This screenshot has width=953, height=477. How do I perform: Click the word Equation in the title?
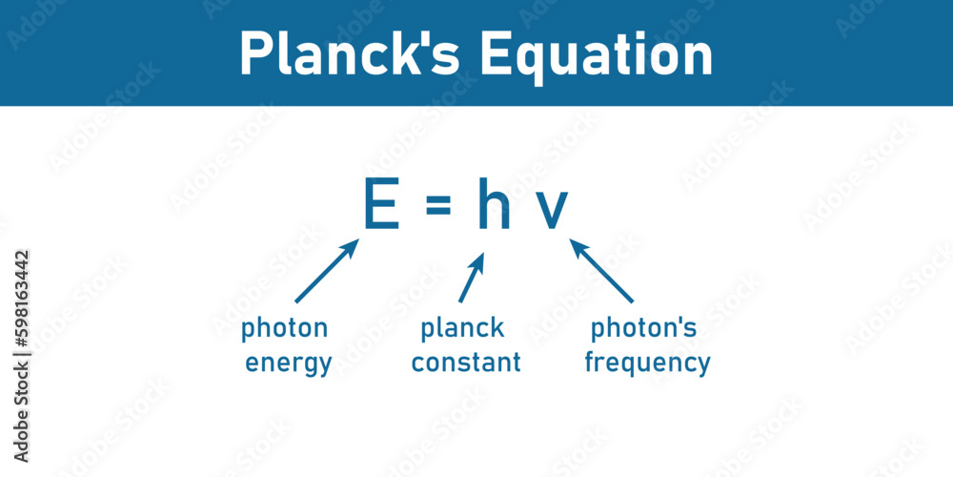point(596,55)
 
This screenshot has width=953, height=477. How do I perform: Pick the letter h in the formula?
point(494,205)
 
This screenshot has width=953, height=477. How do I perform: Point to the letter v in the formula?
point(551,211)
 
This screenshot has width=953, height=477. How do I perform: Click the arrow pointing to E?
point(327,271)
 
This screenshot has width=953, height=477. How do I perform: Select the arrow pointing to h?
point(472,277)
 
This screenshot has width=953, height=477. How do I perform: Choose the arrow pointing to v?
point(601,271)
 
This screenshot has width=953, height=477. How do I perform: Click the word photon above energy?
point(284,329)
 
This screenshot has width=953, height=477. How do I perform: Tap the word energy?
point(289,363)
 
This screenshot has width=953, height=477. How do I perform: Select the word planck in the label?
point(463,329)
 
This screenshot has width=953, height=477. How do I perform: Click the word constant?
point(466,363)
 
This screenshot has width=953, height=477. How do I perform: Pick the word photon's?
point(644,329)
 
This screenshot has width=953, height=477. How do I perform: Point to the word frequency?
point(647,363)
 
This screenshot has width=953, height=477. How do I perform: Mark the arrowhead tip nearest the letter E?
point(357,240)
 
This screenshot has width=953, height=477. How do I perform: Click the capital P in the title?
point(255,54)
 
